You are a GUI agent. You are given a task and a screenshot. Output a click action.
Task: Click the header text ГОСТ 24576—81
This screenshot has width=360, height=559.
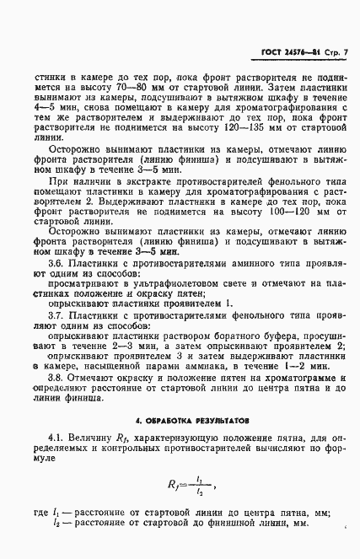284,55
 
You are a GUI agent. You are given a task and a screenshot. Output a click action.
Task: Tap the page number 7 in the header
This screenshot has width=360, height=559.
345,55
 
